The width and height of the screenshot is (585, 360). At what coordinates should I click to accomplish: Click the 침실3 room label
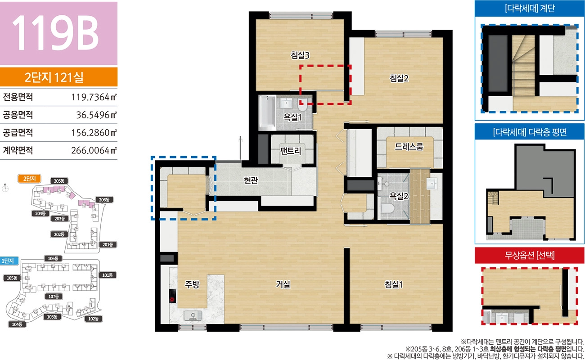[x=300, y=55]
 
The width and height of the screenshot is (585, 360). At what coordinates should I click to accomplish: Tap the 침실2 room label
[x=399, y=78]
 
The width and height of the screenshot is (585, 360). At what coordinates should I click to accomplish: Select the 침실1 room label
[x=394, y=284]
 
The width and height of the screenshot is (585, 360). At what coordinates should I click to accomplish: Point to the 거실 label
[x=283, y=284]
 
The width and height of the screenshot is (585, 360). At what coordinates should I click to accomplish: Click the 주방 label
[x=192, y=284]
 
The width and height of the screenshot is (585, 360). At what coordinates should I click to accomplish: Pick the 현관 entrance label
[x=251, y=180]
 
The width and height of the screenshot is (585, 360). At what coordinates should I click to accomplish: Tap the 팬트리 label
[x=290, y=151]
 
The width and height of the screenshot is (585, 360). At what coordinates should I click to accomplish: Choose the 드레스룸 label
[x=409, y=147]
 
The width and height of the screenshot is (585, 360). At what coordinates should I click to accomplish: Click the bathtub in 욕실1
[x=267, y=112]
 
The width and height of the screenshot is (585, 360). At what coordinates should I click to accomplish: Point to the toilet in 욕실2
[x=387, y=209]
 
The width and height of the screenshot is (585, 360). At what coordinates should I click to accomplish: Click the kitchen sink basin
[x=193, y=315]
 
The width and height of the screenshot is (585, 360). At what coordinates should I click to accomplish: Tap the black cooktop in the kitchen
[x=172, y=296]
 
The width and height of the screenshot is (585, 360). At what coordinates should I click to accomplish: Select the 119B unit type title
[x=55, y=33]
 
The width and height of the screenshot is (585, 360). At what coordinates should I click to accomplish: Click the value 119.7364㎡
[x=94, y=97]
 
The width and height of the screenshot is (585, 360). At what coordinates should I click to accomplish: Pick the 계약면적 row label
[x=18, y=150]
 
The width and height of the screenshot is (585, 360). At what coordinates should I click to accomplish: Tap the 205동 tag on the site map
[x=59, y=181]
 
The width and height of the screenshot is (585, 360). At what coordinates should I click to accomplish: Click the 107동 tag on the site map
[x=54, y=296]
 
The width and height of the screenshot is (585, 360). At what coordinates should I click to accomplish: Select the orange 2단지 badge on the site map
[x=30, y=179]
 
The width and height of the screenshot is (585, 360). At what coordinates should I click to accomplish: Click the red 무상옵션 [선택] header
[x=529, y=255]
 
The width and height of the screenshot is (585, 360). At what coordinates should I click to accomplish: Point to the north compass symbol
[x=5, y=188]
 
